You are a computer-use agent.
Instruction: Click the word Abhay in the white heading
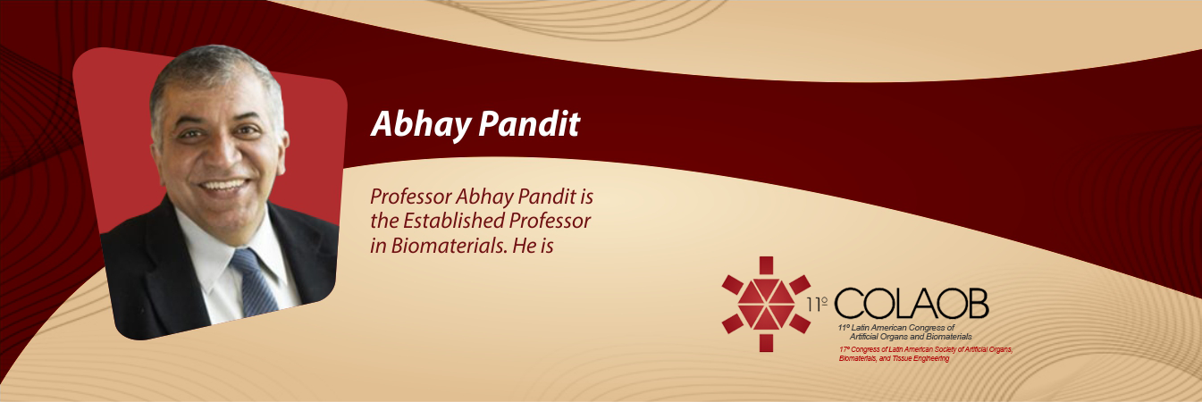[421, 124]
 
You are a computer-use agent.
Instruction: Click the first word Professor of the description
[410, 197]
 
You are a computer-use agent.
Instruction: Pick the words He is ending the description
[533, 246]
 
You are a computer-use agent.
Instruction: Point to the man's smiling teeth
[224, 186]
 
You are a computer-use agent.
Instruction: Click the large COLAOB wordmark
[912, 303]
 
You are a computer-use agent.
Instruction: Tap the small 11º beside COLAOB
[817, 305]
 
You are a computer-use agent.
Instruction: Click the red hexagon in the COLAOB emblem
[766, 305]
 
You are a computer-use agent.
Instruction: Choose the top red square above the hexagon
[766, 265]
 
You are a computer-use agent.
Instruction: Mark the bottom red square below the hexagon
[766, 343]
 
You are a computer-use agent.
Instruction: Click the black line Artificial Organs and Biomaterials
[911, 337]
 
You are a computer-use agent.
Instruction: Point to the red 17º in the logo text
[845, 349]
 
